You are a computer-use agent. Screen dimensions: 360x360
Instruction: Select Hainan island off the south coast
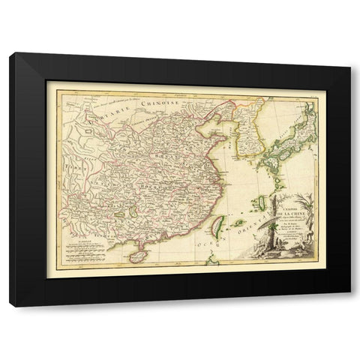point(137,256)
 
